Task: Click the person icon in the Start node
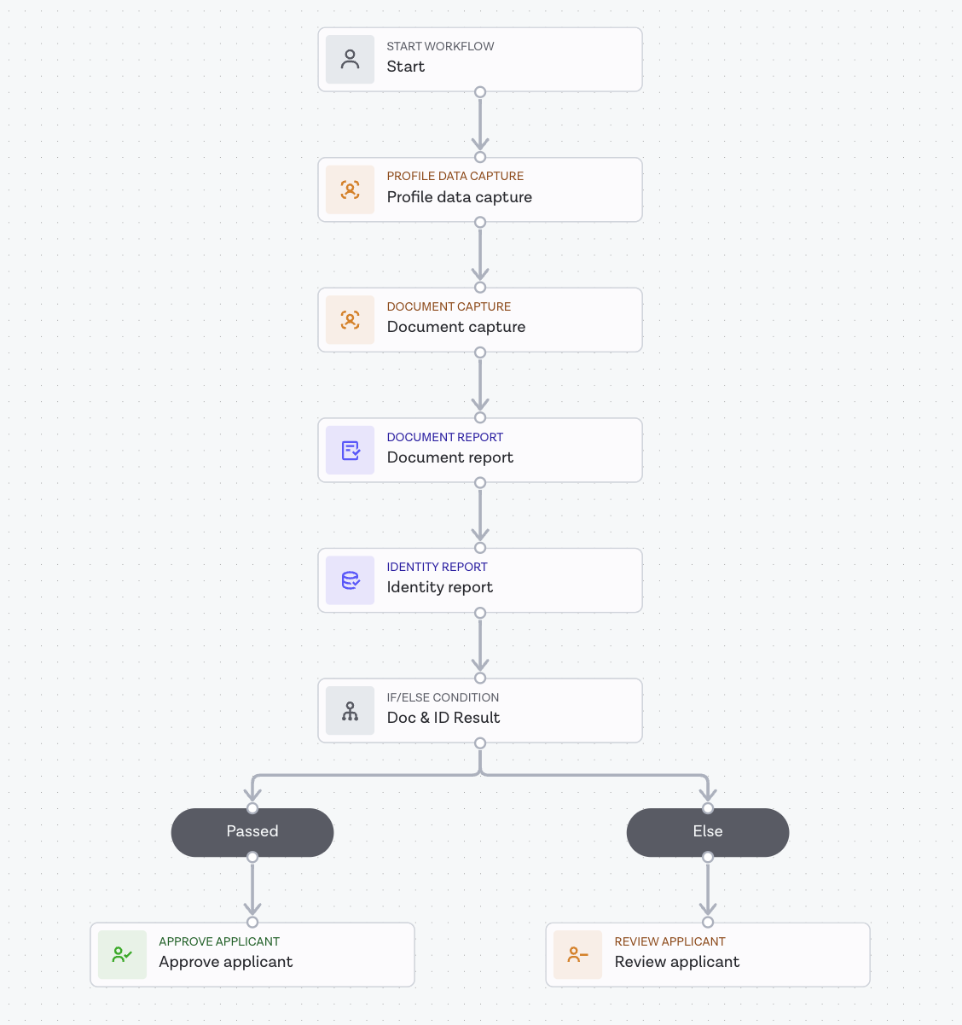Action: point(350,59)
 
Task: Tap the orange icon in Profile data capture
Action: point(350,189)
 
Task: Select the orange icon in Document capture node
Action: point(350,320)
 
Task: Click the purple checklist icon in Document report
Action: point(350,450)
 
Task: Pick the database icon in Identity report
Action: point(350,580)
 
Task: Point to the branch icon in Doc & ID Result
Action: point(350,711)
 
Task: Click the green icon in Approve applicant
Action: point(122,954)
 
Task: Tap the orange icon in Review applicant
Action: point(577,954)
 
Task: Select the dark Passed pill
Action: point(252,832)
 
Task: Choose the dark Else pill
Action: point(708,832)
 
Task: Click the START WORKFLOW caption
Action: point(440,46)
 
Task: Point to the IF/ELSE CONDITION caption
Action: point(443,697)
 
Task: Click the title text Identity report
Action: point(439,587)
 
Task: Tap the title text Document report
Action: point(449,457)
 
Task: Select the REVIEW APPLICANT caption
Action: point(669,941)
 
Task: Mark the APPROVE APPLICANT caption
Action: point(219,941)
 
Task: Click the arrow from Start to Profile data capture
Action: point(480,125)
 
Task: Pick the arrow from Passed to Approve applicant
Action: point(252,889)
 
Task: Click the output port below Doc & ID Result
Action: point(480,743)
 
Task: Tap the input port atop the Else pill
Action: point(708,807)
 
